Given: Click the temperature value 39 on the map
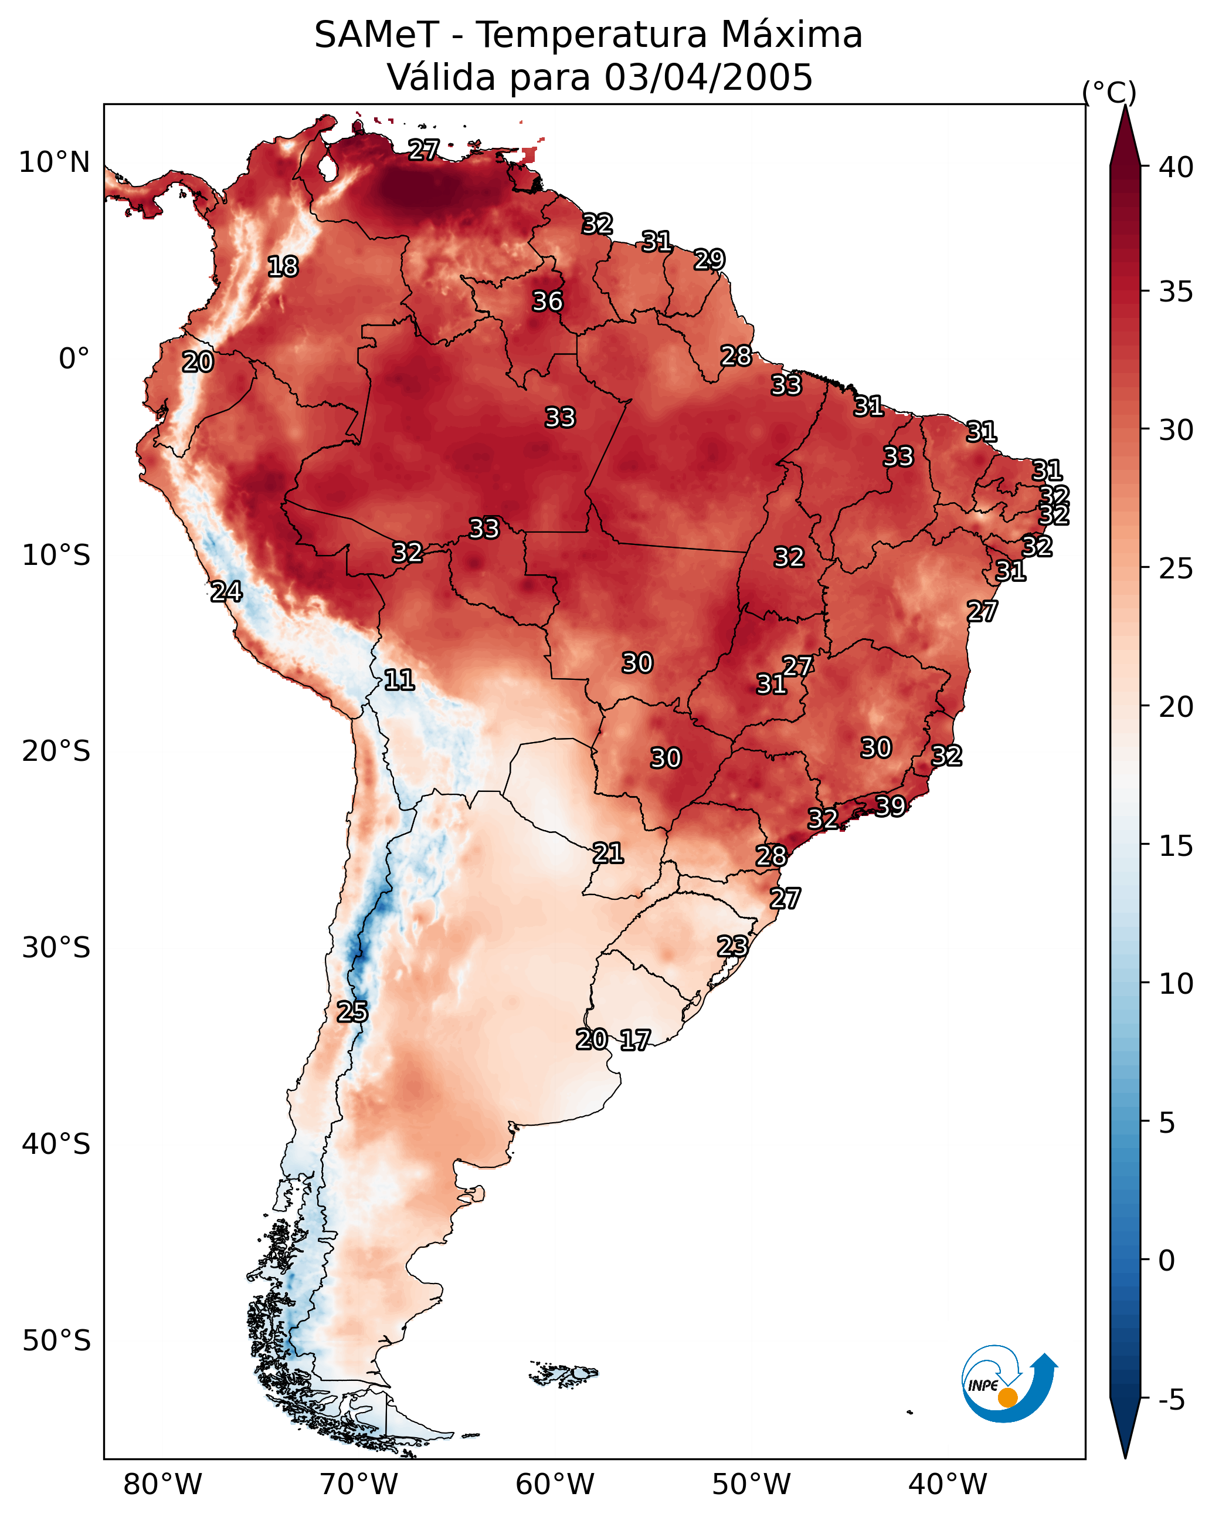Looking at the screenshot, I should [890, 805].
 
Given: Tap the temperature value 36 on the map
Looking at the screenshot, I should [547, 301].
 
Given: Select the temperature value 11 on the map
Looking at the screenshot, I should [399, 680].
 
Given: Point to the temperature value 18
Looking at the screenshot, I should [283, 267].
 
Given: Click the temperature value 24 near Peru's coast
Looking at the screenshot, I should [226, 592].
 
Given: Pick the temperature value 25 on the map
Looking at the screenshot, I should [352, 1012].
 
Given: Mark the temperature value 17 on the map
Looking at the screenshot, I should [635, 1040].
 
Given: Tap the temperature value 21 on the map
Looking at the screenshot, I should [607, 854].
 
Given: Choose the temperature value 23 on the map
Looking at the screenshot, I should [732, 946].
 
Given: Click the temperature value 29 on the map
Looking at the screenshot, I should [709, 260].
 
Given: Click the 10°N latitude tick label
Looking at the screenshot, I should [54, 162].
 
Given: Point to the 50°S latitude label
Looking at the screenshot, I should [56, 1341].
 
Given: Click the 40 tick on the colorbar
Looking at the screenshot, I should [1176, 167].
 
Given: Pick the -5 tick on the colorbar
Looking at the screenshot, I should [1170, 1400].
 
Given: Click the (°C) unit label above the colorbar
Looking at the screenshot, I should [1109, 92].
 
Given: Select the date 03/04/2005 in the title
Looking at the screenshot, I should [708, 77].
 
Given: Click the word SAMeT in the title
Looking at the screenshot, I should [376, 35].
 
